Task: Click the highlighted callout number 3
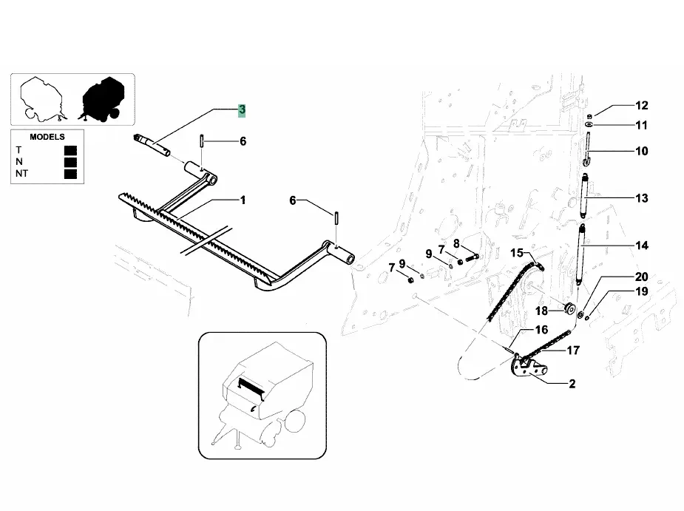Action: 242,110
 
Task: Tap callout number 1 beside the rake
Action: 242,200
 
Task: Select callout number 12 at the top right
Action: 640,106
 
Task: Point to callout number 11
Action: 640,125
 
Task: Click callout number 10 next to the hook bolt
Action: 640,151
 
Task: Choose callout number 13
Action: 640,198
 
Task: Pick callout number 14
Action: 640,245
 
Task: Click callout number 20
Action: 640,277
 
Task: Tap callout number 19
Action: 640,291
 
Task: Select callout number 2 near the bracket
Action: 572,384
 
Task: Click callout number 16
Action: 541,330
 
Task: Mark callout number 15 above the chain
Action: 516,253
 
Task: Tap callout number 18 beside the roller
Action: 541,311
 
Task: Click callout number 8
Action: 456,243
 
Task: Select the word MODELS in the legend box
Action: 47,137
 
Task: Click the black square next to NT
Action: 71,174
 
